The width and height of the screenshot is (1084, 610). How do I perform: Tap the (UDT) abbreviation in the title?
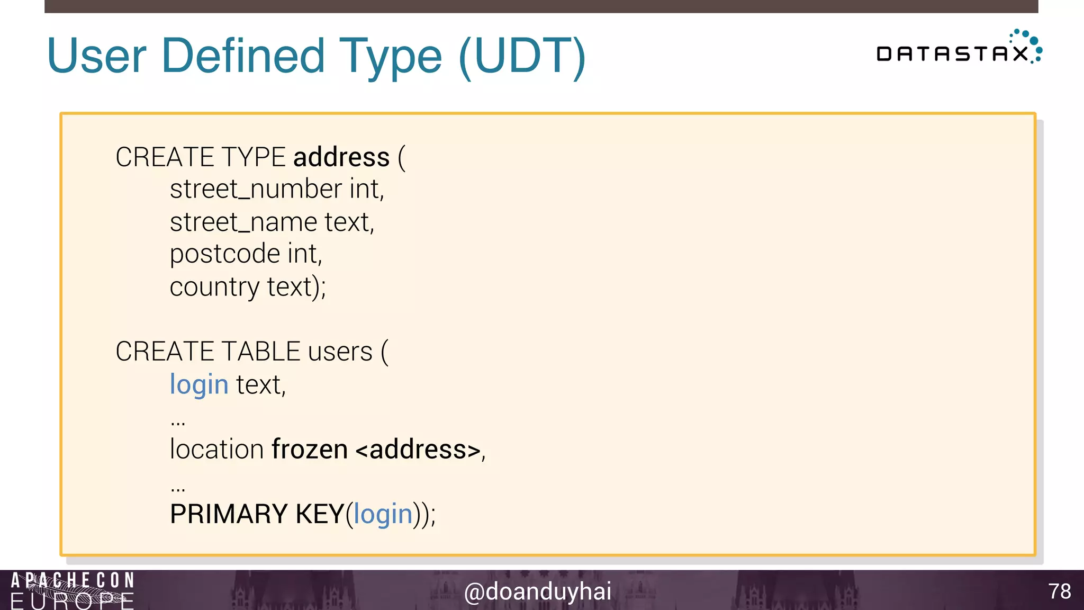(522, 56)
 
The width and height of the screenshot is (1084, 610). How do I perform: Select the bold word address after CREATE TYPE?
(341, 157)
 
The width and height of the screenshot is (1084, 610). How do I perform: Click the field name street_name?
(243, 222)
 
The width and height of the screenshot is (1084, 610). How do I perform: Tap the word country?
(214, 287)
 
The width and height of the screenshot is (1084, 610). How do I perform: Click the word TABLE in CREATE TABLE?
(261, 352)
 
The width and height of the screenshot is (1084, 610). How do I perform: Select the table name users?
(340, 352)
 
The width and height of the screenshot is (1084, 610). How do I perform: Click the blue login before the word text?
(199, 384)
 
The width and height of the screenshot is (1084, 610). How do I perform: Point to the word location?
(216, 450)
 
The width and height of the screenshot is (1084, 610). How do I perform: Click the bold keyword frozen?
(310, 450)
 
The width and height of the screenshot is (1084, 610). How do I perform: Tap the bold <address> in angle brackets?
(418, 450)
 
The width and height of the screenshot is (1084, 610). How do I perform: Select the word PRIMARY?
(229, 514)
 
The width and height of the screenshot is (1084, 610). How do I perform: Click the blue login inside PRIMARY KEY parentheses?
(383, 514)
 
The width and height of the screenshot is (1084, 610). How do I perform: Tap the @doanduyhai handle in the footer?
(537, 591)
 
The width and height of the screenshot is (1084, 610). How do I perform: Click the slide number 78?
(1059, 591)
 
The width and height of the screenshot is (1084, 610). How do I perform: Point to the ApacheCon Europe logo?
(73, 590)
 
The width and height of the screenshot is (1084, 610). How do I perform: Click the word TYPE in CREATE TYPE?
(254, 157)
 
